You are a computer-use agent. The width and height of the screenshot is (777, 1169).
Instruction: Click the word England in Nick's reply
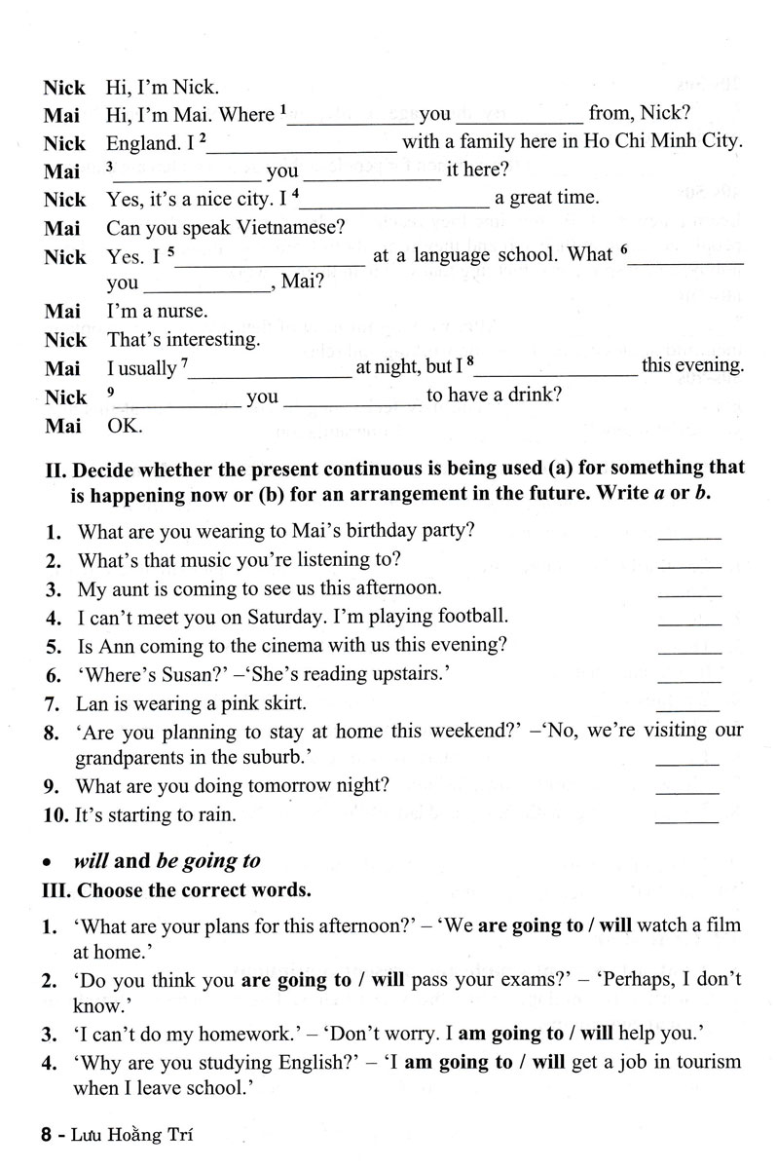[x=142, y=143]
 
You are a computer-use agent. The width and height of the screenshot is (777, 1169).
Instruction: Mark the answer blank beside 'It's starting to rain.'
[x=690, y=818]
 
